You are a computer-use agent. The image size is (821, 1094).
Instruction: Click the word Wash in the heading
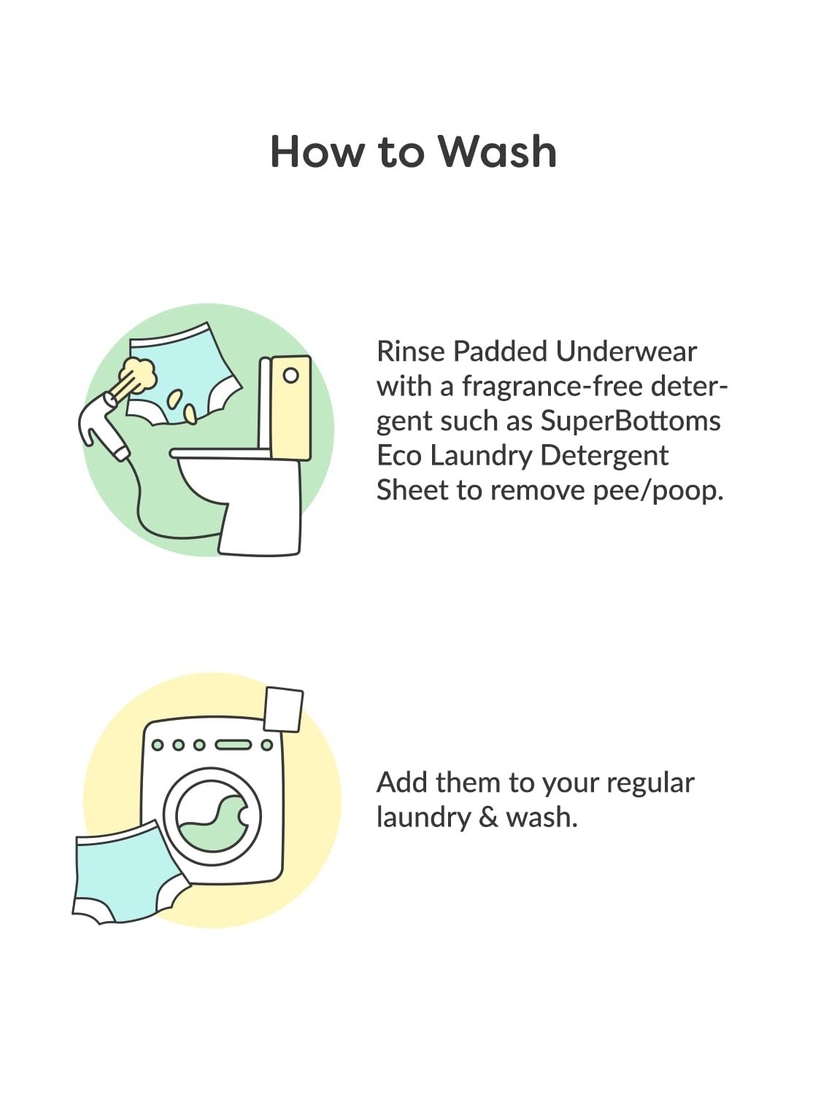(498, 151)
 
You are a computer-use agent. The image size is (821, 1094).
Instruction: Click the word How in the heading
(317, 151)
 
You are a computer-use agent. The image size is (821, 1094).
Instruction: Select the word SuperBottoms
(631, 421)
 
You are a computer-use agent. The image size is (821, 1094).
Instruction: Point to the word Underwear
(626, 352)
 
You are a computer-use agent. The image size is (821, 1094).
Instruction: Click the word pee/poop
(658, 492)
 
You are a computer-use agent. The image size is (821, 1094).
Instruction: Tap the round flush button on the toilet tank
(291, 376)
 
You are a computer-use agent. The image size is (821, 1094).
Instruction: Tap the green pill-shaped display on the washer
(233, 745)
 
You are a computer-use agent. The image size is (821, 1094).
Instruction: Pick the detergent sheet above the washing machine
(283, 710)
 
